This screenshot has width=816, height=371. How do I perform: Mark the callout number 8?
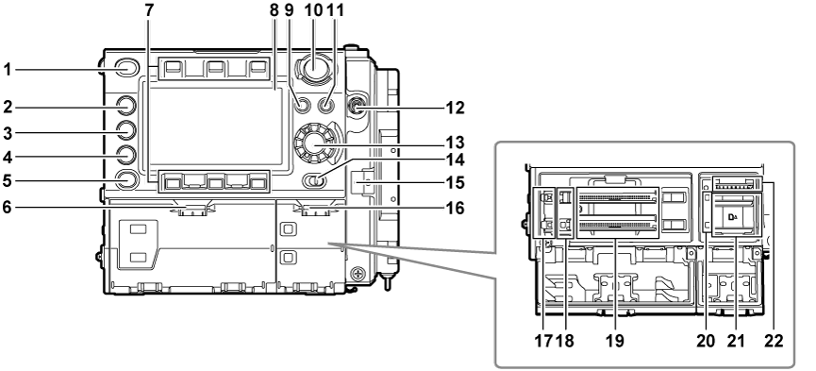(274, 11)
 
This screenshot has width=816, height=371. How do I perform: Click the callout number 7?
(151, 11)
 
